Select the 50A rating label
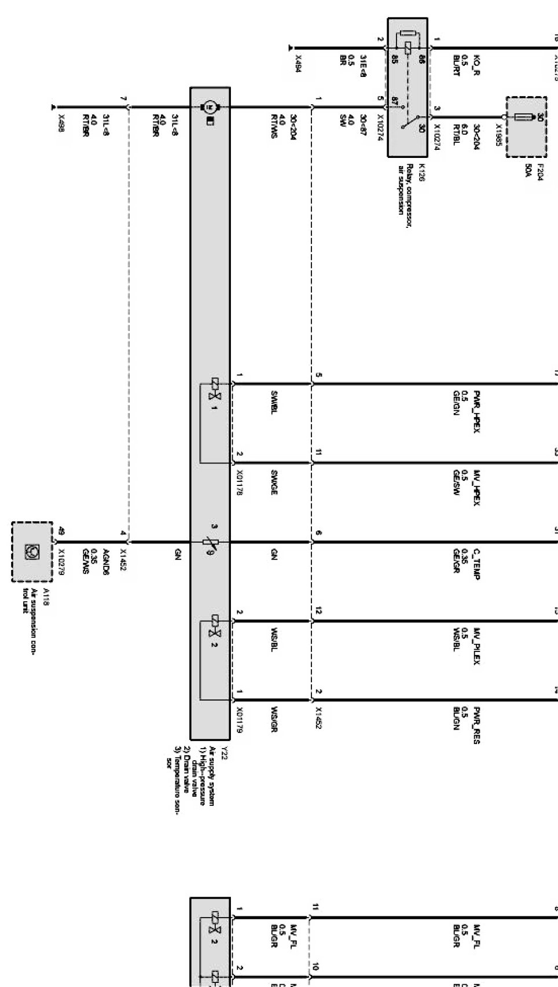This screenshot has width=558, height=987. [x=528, y=171]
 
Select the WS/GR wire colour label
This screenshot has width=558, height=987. [x=276, y=719]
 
